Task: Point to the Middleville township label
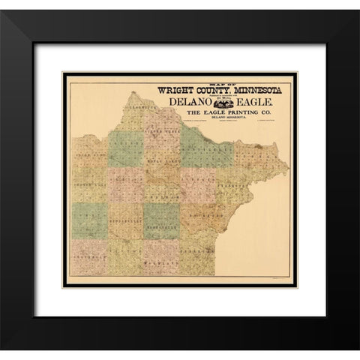click(x=124, y=223)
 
